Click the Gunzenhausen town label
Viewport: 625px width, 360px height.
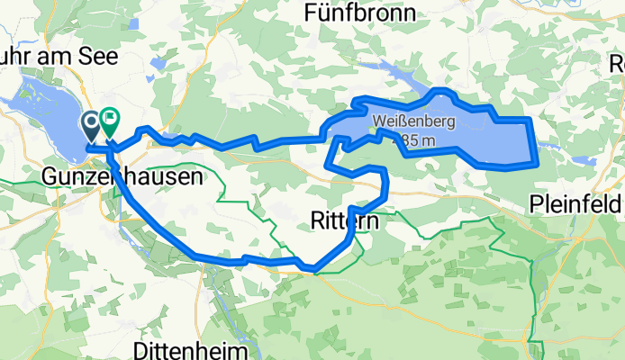122,178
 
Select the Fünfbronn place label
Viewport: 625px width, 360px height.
360,13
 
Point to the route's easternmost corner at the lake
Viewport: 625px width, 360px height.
538,163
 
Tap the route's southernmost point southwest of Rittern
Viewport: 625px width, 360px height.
312,267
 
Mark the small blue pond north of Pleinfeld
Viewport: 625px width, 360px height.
552,143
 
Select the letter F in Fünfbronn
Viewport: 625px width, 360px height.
312,13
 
